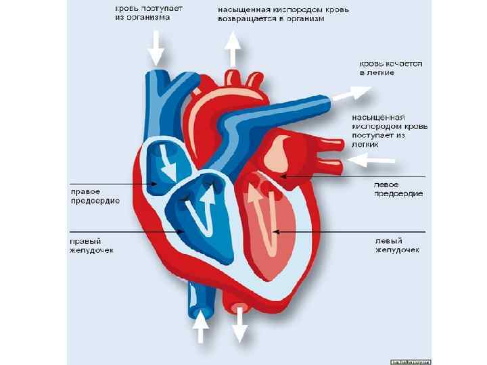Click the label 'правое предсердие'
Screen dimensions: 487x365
tap(95, 196)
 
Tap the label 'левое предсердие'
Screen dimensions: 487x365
tap(399, 189)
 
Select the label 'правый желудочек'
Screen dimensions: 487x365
tap(93, 245)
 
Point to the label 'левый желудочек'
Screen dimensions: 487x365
tap(398, 245)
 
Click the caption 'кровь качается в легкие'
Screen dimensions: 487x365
tap(391, 68)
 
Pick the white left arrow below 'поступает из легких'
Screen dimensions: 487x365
tap(372, 160)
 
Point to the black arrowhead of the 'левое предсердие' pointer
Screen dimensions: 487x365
tap(283, 176)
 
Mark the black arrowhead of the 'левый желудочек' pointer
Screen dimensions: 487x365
tap(275, 232)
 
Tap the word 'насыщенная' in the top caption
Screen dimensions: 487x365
tap(242, 10)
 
